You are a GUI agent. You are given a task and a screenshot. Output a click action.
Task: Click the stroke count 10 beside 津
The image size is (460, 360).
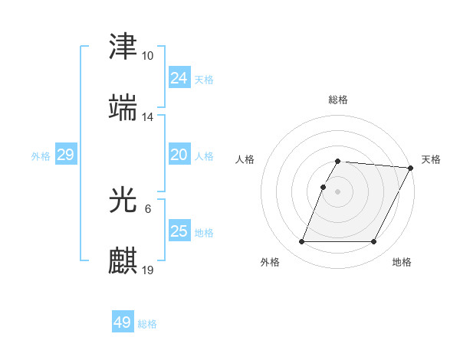(148, 56)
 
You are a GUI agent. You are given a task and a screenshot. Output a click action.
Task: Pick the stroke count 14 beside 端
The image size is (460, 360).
(148, 117)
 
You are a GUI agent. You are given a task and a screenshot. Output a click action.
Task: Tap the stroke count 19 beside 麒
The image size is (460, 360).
(148, 270)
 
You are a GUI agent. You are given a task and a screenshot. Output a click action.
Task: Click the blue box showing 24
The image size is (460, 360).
(179, 78)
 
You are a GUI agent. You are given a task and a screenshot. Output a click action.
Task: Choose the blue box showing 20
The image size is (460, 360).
(179, 155)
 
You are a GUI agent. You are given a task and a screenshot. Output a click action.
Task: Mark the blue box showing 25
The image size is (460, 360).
(179, 231)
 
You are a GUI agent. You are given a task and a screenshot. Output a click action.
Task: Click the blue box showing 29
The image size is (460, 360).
(65, 155)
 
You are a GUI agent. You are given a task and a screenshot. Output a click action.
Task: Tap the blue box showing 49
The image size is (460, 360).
(123, 322)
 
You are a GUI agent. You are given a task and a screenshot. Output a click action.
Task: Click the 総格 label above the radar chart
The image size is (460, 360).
(338, 100)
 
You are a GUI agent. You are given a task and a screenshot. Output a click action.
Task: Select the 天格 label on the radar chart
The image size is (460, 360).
(431, 159)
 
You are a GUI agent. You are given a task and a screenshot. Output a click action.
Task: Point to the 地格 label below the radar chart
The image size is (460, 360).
(402, 262)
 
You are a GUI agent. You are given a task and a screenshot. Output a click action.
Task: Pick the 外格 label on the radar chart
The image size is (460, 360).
(270, 262)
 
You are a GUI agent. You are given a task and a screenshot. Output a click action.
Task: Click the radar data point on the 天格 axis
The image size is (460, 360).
(411, 168)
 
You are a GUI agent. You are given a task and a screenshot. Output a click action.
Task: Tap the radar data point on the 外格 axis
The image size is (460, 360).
(302, 242)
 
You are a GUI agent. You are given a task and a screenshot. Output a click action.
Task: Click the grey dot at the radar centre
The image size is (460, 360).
(338, 191)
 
